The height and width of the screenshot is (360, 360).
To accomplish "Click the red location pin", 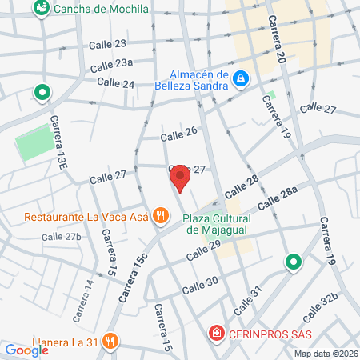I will click(181, 178).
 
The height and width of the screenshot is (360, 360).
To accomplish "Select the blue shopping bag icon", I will click(241, 78).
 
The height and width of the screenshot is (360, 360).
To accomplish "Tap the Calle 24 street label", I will click(115, 82).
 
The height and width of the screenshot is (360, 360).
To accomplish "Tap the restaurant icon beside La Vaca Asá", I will click(161, 215).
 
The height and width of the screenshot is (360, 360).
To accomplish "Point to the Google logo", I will click(26, 350).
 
